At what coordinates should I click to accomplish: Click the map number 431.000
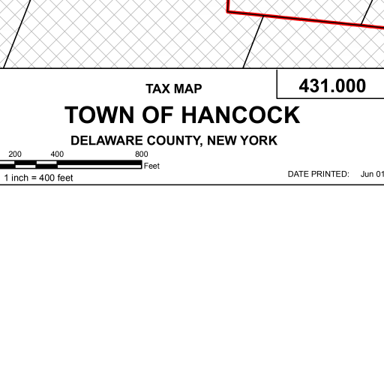pos(332,85)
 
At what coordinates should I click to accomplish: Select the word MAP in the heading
pos(188,88)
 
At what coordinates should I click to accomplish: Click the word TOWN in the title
pos(100,115)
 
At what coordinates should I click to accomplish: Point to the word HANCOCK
pos(241,115)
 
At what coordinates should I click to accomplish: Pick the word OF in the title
pos(157,115)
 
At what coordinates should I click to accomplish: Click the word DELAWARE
pos(106,140)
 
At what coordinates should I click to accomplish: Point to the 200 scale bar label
pos(15,154)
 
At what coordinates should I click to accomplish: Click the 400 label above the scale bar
pos(57,154)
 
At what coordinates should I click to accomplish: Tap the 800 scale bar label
pos(142,154)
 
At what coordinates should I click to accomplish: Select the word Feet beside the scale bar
pos(151,166)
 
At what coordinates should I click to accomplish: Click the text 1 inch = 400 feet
pos(38,178)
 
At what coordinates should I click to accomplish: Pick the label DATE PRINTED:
pos(318,174)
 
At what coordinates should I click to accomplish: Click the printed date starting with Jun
pos(372,174)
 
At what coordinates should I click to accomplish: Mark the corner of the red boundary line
pos(228,11)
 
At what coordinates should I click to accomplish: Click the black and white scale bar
pos(71,164)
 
